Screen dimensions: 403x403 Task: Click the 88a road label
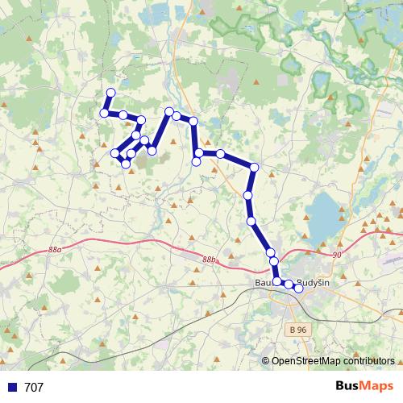(55, 251)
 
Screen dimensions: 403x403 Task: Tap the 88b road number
(210, 260)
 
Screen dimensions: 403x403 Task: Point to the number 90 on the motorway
(337, 255)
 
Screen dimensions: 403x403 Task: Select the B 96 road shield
(298, 330)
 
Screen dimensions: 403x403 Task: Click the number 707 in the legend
(34, 388)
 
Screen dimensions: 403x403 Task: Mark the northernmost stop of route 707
(110, 93)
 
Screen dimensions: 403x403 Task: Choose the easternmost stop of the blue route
(298, 288)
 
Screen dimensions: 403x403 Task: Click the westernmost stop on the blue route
(104, 113)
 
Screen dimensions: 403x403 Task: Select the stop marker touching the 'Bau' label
(277, 282)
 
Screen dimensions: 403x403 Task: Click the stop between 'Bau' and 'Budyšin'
(288, 285)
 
